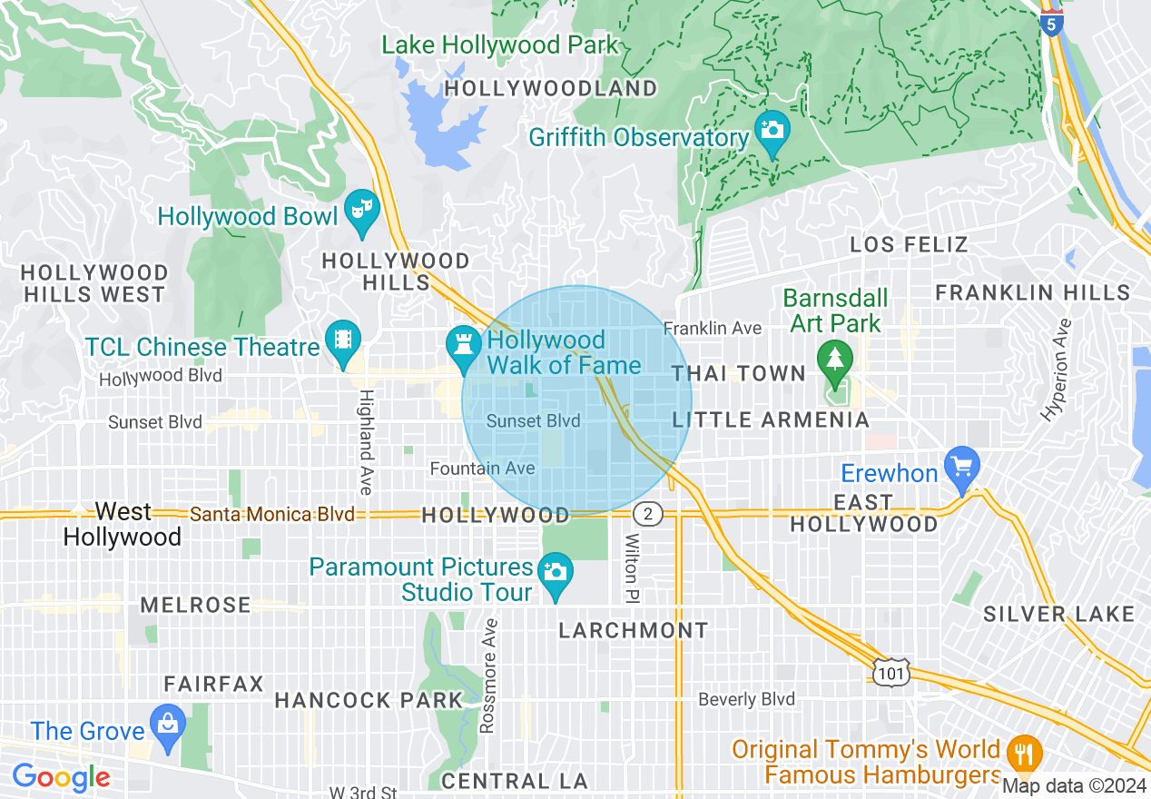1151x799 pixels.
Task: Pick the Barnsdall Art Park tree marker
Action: [x=832, y=358]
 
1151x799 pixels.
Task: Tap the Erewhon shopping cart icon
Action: [x=962, y=467]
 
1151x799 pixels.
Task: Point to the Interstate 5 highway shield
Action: [x=1051, y=23]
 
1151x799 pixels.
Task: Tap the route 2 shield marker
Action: [x=647, y=515]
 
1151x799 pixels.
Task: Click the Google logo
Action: [x=61, y=777]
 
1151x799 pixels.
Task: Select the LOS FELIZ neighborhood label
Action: [x=909, y=244]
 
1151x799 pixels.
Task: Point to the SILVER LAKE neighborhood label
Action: [x=1058, y=614]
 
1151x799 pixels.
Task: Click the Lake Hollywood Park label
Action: [x=499, y=44]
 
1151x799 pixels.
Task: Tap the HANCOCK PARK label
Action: [x=369, y=700]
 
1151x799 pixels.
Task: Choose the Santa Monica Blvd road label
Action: [x=271, y=515]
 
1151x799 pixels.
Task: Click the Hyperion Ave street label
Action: [x=1056, y=369]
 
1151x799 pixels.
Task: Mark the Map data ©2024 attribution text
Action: [x=1075, y=785]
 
